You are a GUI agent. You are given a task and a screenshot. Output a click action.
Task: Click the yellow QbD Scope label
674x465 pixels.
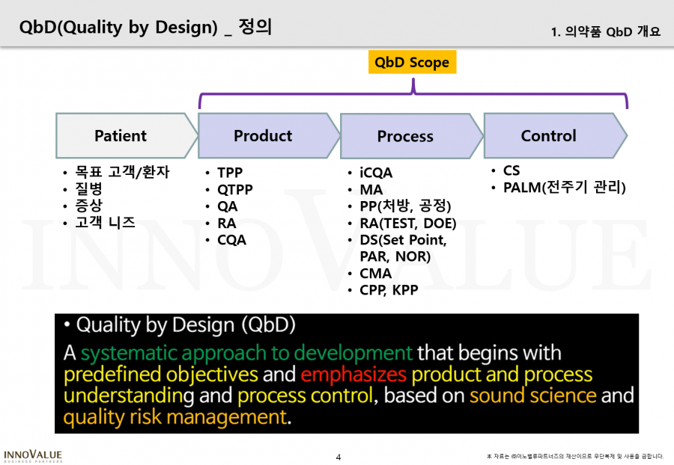[x=412, y=62]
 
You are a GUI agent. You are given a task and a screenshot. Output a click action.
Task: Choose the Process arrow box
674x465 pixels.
[x=411, y=136]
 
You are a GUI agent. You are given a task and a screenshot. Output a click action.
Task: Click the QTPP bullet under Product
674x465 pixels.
[x=234, y=189]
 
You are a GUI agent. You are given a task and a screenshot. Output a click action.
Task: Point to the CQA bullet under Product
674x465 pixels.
[x=231, y=240]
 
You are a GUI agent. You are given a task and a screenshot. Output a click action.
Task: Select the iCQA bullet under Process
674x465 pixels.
[x=376, y=173]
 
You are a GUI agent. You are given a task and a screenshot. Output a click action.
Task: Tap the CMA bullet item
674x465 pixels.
[x=375, y=274]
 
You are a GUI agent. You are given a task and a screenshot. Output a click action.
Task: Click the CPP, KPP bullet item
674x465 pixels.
[x=389, y=290]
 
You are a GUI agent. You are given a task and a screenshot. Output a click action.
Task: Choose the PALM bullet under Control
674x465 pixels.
[x=565, y=188]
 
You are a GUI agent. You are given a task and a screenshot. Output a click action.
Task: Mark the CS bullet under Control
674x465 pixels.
[x=511, y=170]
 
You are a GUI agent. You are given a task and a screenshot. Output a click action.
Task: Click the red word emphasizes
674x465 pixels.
[x=353, y=375]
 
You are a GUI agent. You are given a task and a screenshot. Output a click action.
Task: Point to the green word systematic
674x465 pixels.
[x=129, y=354]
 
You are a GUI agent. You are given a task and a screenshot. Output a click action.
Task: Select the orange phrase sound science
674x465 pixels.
[x=532, y=395]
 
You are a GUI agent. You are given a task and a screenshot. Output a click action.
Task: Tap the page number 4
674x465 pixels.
[x=338, y=458]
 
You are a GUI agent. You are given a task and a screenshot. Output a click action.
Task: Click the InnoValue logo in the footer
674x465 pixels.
[x=33, y=456]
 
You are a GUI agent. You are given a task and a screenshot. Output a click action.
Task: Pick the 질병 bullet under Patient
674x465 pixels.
[x=88, y=188]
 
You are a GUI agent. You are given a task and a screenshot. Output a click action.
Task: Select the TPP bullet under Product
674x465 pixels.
[x=230, y=173]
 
